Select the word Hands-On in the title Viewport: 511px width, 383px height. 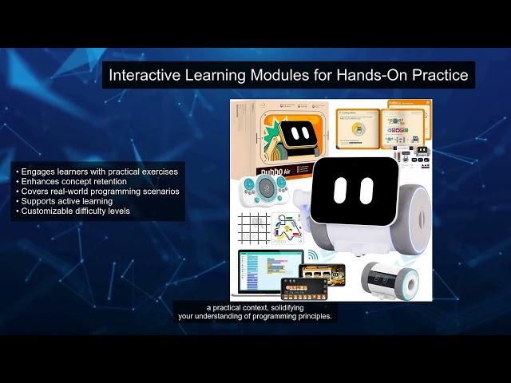pyautogui.click(x=370, y=76)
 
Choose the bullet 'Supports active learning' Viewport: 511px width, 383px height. pyautogui.click(x=68, y=201)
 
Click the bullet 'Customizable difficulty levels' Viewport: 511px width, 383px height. pyautogui.click(x=77, y=211)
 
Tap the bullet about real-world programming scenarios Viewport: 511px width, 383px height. pyautogui.click(x=96, y=191)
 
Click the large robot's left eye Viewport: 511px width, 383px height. pyautogui.click(x=340, y=189)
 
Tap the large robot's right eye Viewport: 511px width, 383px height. pyautogui.click(x=365, y=189)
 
